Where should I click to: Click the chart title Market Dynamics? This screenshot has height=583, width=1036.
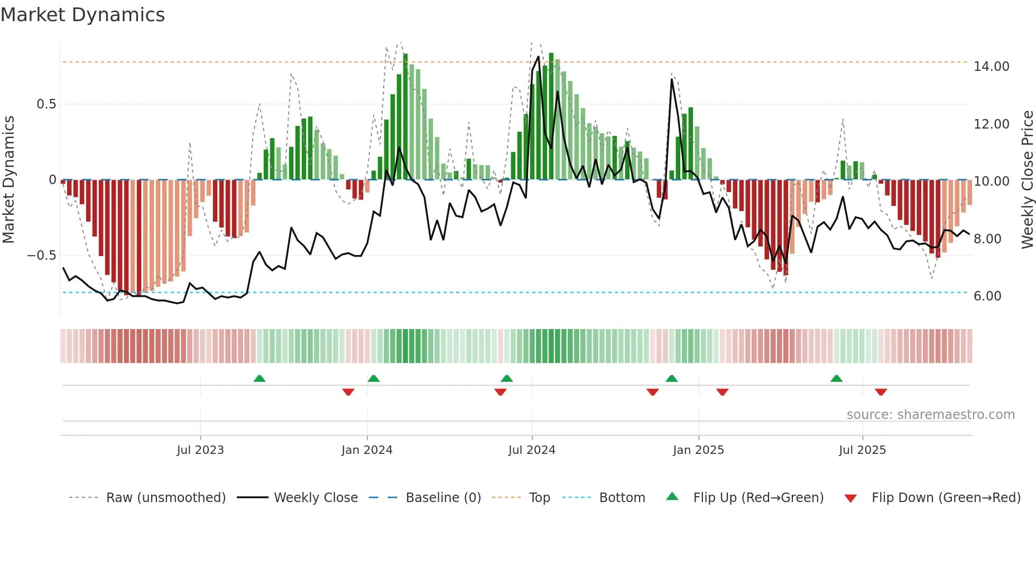coord(82,15)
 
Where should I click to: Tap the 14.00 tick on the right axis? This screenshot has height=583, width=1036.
coord(991,67)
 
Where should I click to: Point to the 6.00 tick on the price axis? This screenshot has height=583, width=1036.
coord(987,296)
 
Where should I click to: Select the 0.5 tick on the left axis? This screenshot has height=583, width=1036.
coord(46,104)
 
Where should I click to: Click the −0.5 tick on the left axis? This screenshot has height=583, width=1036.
coord(42,256)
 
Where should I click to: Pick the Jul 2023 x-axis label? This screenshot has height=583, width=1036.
coord(200,450)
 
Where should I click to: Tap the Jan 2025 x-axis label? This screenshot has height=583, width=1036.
coord(698,450)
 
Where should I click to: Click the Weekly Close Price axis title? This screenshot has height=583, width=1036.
coord(1027,180)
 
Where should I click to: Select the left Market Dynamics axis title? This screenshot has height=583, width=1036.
coord(9,180)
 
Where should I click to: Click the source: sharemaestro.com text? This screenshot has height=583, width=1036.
coord(930,415)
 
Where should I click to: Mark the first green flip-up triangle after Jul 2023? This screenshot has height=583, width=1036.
coord(259,379)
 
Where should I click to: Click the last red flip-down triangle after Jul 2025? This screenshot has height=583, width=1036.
coord(881,392)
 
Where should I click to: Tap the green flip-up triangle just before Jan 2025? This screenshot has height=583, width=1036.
coord(671,379)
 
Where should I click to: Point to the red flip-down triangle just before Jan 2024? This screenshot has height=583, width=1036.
coord(348,392)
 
